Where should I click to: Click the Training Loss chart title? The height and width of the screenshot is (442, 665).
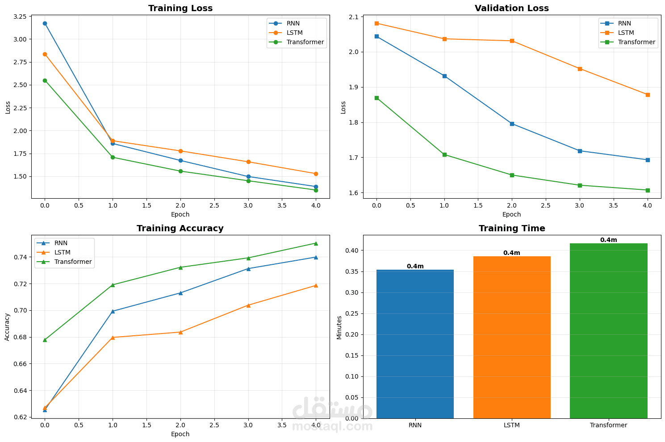point(180,8)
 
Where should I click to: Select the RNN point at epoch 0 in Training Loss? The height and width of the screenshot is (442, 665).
point(45,23)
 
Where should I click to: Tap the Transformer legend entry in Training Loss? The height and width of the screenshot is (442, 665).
point(305,42)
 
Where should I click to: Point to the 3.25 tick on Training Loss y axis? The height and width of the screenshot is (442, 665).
point(20,17)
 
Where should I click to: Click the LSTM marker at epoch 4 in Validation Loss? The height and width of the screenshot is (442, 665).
point(648,95)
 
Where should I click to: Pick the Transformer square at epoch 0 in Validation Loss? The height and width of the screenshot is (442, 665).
point(376,98)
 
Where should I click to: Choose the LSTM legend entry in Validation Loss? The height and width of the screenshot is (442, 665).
point(626,33)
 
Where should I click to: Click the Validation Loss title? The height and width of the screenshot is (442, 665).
point(512,8)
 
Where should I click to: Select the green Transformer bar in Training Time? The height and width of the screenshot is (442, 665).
point(608,330)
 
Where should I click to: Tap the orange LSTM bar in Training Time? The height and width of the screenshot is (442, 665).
point(512,337)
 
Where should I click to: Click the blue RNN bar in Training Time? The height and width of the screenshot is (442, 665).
point(415,344)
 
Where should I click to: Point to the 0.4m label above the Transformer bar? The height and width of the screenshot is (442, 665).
point(608,240)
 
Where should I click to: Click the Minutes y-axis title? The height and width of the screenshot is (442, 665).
point(339,327)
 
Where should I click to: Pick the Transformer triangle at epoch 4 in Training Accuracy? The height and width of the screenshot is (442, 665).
point(316,243)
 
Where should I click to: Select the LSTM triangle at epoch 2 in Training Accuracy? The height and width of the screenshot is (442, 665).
point(180,332)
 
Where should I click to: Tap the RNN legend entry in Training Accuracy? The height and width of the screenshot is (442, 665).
point(61,243)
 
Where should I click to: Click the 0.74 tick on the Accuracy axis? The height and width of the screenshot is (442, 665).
point(20,257)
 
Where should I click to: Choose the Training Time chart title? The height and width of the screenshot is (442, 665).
point(512,229)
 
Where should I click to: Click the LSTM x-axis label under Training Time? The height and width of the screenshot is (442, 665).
point(512,425)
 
